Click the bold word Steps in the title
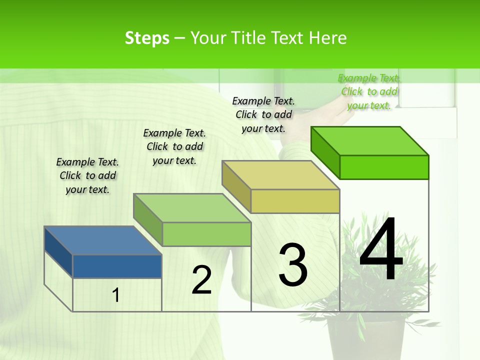click(x=147, y=38)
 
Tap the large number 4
click(x=381, y=249)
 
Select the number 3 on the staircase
click(x=293, y=265)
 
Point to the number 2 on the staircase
click(x=202, y=280)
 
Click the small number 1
click(x=115, y=295)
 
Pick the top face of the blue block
click(x=103, y=240)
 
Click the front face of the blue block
click(x=117, y=266)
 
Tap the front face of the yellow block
click(x=295, y=201)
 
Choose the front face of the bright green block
click(x=384, y=167)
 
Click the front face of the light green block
click(x=206, y=234)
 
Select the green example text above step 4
click(x=369, y=91)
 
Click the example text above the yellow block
click(x=263, y=114)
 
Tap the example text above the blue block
click(x=87, y=175)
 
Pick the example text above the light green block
click(x=174, y=146)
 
